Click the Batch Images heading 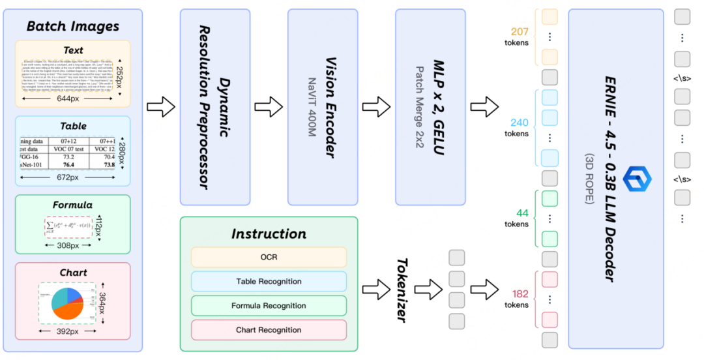tap(73, 26)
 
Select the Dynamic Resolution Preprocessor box tap(214, 107)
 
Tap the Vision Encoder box tap(324, 107)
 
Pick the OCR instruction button tap(269, 257)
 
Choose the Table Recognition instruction tap(269, 282)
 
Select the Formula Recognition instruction tap(269, 306)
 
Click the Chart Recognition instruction tap(269, 330)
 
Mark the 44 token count tap(521, 213)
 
